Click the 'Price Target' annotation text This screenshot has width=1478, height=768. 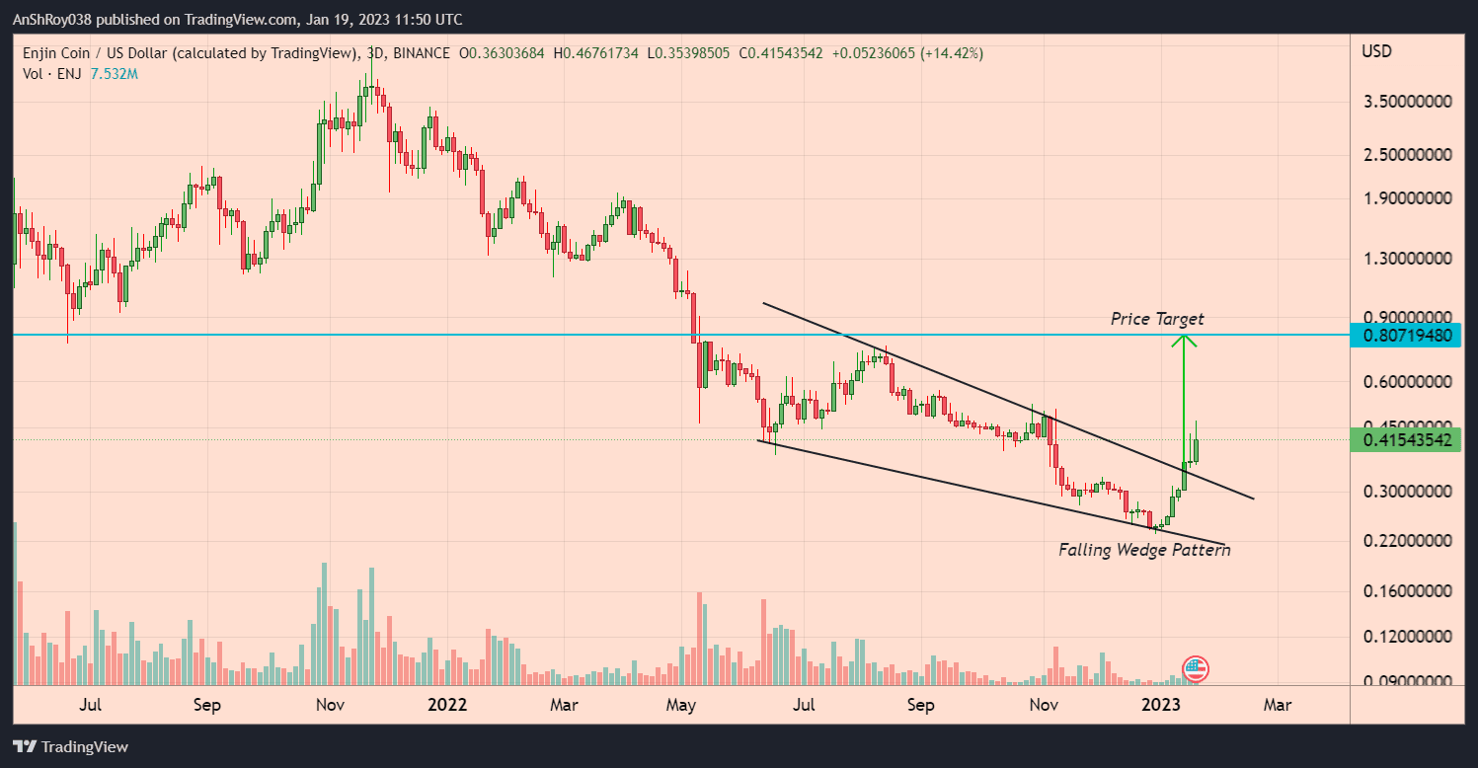[x=1157, y=319]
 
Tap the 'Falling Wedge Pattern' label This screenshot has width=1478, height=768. [x=1144, y=550]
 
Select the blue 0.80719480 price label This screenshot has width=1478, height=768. [x=1407, y=336]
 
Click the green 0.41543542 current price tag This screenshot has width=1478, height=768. [x=1407, y=440]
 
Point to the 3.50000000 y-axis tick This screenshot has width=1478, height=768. [x=1407, y=102]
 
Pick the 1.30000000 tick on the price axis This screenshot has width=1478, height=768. [x=1407, y=259]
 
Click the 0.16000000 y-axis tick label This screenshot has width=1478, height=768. [x=1407, y=592]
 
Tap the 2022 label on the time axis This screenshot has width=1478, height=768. [x=447, y=705]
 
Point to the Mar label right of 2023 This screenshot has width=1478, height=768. [x=1278, y=705]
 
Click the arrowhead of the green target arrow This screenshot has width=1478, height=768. [x=1184, y=341]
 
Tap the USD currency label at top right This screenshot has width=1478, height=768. [x=1376, y=51]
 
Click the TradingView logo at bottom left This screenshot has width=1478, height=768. [x=71, y=747]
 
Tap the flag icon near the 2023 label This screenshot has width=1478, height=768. [x=1196, y=669]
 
